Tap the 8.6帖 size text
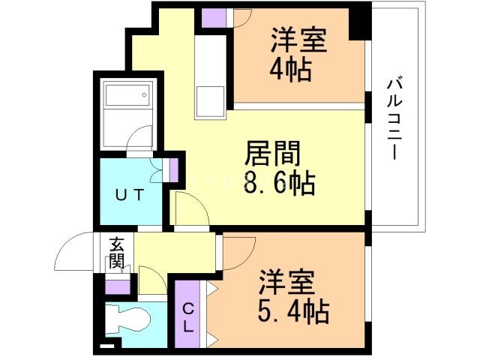[278, 181]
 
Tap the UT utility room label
[128, 193]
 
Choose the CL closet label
[187, 316]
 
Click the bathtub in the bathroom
[127, 97]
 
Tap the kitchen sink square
[209, 101]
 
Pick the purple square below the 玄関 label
[117, 286]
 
